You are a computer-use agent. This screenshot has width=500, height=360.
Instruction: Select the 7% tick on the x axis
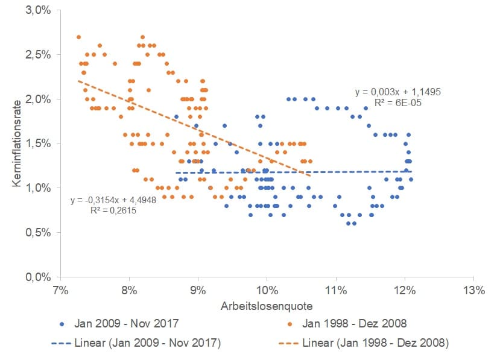pos(60,289)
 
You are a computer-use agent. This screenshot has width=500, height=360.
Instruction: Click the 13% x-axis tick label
pos(473,289)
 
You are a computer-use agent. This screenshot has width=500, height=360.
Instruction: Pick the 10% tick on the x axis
pos(267,289)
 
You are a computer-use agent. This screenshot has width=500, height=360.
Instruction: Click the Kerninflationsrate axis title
pos(16,143)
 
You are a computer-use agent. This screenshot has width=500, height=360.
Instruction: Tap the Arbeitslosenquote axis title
pos(267,305)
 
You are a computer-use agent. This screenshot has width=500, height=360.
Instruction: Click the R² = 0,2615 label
pos(113,210)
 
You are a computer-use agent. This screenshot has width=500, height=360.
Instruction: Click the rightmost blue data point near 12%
pos(411,179)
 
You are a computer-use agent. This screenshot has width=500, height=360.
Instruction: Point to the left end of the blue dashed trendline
pos(176,172)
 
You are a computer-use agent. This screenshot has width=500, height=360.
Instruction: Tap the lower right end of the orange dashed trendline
pos(311,175)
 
